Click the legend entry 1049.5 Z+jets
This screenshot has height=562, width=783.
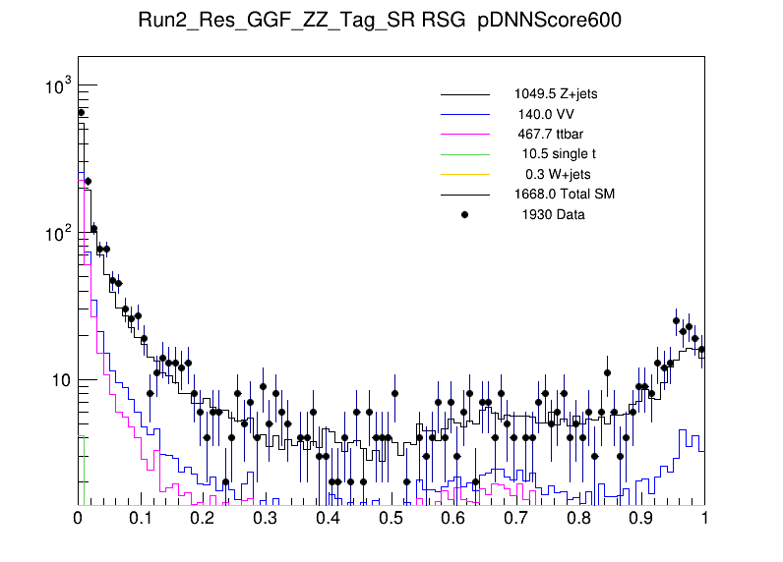(x=555, y=94)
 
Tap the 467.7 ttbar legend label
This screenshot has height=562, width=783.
(x=551, y=134)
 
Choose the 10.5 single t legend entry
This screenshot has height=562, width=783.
(x=558, y=153)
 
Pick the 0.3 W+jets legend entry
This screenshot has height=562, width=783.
(x=558, y=174)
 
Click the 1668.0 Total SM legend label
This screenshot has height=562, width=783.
(x=564, y=194)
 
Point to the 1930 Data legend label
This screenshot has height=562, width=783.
(x=553, y=214)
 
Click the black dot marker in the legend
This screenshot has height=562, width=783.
(x=464, y=214)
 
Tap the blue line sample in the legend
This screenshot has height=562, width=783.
(x=464, y=114)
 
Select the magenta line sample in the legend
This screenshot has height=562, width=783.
(x=464, y=134)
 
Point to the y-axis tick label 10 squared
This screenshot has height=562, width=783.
(x=57, y=234)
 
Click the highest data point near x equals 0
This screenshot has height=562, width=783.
(x=82, y=113)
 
